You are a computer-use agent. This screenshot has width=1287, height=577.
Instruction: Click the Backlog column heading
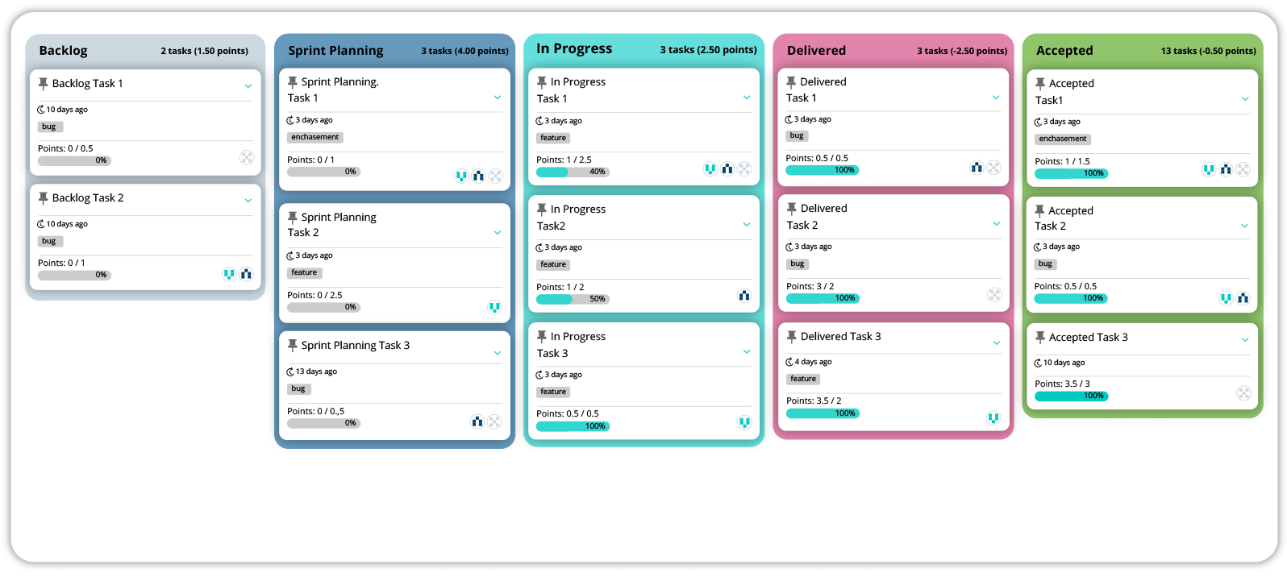tap(63, 51)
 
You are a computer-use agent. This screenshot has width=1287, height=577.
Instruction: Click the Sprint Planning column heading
tap(335, 51)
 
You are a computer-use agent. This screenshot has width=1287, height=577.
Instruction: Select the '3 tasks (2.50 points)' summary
tap(708, 50)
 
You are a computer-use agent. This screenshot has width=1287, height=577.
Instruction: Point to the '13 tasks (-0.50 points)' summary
tap(1208, 51)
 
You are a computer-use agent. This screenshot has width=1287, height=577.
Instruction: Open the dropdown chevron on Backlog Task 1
tap(248, 85)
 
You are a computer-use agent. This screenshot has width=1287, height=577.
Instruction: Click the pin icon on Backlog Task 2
tap(44, 198)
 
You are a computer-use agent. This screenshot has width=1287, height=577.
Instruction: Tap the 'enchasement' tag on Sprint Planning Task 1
tap(314, 138)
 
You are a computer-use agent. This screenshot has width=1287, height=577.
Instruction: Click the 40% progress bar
tap(573, 172)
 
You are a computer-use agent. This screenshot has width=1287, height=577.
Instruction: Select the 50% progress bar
tap(573, 299)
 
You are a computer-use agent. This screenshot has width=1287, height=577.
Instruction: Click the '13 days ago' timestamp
tap(315, 372)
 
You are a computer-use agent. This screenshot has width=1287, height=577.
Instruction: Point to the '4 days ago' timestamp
tap(812, 362)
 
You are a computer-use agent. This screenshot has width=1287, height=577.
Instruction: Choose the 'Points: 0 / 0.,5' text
tap(315, 412)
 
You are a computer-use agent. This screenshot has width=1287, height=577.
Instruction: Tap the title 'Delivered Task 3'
tap(840, 337)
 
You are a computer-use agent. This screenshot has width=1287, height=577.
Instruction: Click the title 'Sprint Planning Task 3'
tap(355, 346)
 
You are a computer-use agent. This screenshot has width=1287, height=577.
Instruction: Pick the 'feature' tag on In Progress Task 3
tap(553, 392)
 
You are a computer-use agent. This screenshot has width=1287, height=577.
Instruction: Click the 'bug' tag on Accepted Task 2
tap(1045, 264)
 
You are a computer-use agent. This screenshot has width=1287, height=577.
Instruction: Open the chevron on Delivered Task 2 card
tap(996, 224)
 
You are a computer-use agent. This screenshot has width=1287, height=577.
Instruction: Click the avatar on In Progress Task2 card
tap(743, 296)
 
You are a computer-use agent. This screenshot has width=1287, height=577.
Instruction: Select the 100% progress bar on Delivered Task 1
tap(822, 170)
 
